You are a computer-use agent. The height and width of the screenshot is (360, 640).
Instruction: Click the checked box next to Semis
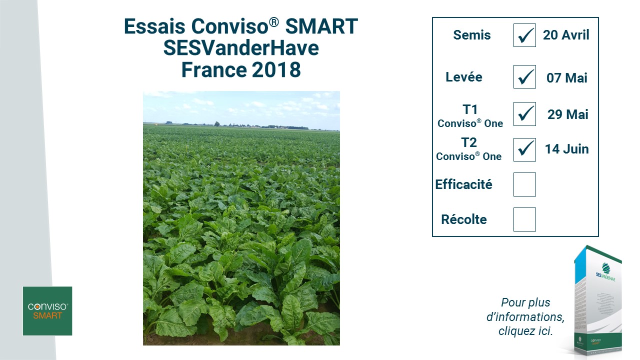tap(524, 35)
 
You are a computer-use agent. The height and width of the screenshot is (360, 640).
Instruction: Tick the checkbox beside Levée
tap(524, 77)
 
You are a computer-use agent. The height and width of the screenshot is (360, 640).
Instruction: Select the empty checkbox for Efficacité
tap(524, 184)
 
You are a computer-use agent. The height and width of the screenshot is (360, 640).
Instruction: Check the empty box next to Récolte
tap(524, 219)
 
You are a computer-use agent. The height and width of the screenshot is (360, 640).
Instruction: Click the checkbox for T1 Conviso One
tap(524, 114)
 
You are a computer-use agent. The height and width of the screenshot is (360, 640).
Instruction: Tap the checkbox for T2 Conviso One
tap(524, 149)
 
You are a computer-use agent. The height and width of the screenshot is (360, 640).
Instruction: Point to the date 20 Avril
tap(566, 35)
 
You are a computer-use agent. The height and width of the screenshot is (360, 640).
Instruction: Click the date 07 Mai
tap(567, 78)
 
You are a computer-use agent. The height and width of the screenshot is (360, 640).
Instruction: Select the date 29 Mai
tap(567, 114)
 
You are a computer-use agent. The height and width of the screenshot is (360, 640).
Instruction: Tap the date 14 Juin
tap(567, 149)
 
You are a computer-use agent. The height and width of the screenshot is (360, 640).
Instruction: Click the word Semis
tap(472, 35)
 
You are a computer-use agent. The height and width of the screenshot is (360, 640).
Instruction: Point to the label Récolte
tap(464, 219)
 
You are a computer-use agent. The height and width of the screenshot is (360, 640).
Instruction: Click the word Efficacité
tap(463, 184)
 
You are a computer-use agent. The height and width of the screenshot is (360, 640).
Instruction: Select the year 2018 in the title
tap(276, 69)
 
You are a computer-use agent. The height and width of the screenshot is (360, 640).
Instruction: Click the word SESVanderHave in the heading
tap(241, 48)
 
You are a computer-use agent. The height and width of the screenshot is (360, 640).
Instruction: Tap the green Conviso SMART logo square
tap(47, 311)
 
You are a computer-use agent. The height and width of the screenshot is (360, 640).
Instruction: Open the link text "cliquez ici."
tap(525, 331)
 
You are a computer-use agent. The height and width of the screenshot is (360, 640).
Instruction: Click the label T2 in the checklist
tap(469, 142)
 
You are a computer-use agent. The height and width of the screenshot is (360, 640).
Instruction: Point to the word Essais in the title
tap(154, 26)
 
